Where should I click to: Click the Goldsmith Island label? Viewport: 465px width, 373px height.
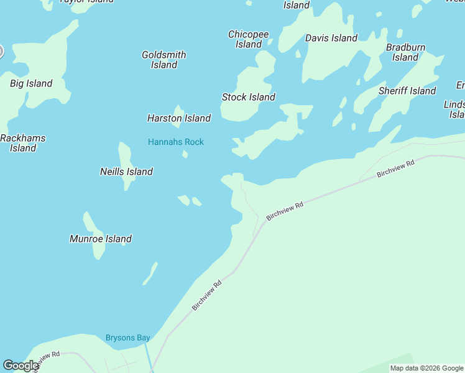[x=164, y=60]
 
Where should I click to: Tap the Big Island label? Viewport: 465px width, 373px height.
[x=31, y=83]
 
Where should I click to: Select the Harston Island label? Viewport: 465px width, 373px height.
[x=179, y=118]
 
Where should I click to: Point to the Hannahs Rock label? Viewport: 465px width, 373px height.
[x=176, y=142]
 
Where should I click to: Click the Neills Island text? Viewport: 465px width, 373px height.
[x=126, y=172]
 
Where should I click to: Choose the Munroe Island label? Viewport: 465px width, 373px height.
[x=101, y=239]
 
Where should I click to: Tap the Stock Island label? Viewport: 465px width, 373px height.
[x=249, y=97]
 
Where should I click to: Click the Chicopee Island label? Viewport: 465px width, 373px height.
[x=249, y=39]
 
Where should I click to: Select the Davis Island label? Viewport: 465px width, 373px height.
[x=331, y=38]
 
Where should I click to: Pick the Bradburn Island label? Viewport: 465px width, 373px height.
[x=405, y=52]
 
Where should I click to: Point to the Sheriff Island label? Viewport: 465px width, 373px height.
[x=407, y=91]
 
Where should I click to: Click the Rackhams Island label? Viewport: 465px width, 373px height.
[x=23, y=143]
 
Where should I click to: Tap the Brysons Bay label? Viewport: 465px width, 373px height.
[x=127, y=338]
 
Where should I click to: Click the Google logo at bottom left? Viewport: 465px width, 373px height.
[x=21, y=366]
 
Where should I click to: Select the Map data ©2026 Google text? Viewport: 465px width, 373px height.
[x=426, y=368]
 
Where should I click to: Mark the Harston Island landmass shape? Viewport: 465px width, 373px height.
[x=178, y=111]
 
